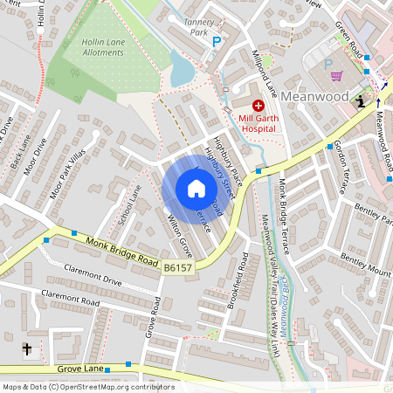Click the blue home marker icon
(196, 189)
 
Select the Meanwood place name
(321, 96)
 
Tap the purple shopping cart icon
(336, 76)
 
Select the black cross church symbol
(26, 349)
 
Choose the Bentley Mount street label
(361, 263)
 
